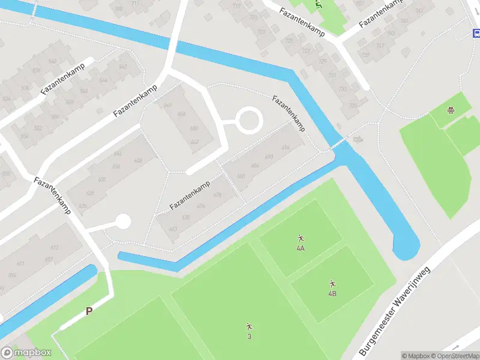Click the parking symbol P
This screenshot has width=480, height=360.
pyautogui.click(x=89, y=311)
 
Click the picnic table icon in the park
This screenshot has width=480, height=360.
pyautogui.click(x=450, y=110)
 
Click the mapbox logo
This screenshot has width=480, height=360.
pyautogui.click(x=26, y=352)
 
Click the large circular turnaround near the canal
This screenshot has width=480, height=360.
pyautogui.click(x=248, y=121)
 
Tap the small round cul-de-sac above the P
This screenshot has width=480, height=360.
pyautogui.click(x=123, y=222)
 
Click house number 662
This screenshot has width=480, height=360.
pyautogui.click(x=194, y=142)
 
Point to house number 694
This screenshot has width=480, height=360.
pyautogui.click(x=285, y=147)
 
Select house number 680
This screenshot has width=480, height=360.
pyautogui.click(x=241, y=176)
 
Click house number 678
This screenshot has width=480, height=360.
pyautogui.click(x=217, y=195)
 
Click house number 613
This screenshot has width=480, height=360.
pyautogui.click(x=55, y=248)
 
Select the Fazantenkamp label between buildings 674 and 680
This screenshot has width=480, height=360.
pyautogui.click(x=189, y=195)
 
